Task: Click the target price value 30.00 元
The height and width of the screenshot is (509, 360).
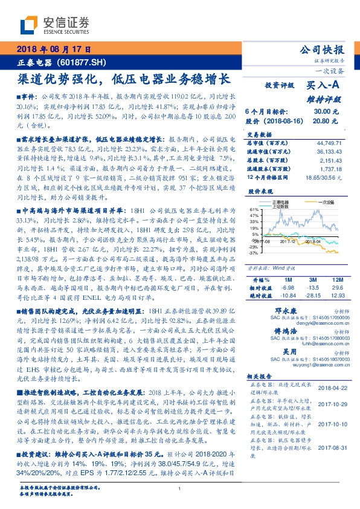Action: [321, 112]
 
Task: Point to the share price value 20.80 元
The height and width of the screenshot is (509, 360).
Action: [321, 121]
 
